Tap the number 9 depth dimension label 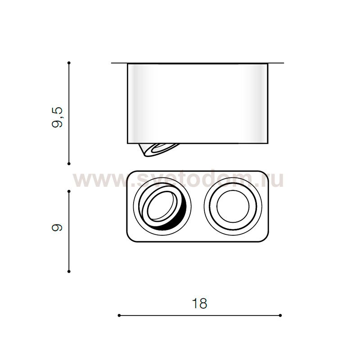coord(57,228)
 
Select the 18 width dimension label coord(199,304)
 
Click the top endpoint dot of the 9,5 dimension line coord(69,63)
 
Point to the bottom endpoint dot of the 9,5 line coord(69,163)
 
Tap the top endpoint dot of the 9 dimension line coord(69,191)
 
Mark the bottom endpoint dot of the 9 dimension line coord(69,271)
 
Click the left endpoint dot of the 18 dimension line coord(119,315)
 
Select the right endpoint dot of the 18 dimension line coord(280,315)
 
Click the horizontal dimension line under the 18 coord(199,315)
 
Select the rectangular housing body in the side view coord(198,103)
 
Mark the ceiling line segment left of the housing coord(119,63)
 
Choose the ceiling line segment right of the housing coord(276,63)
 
